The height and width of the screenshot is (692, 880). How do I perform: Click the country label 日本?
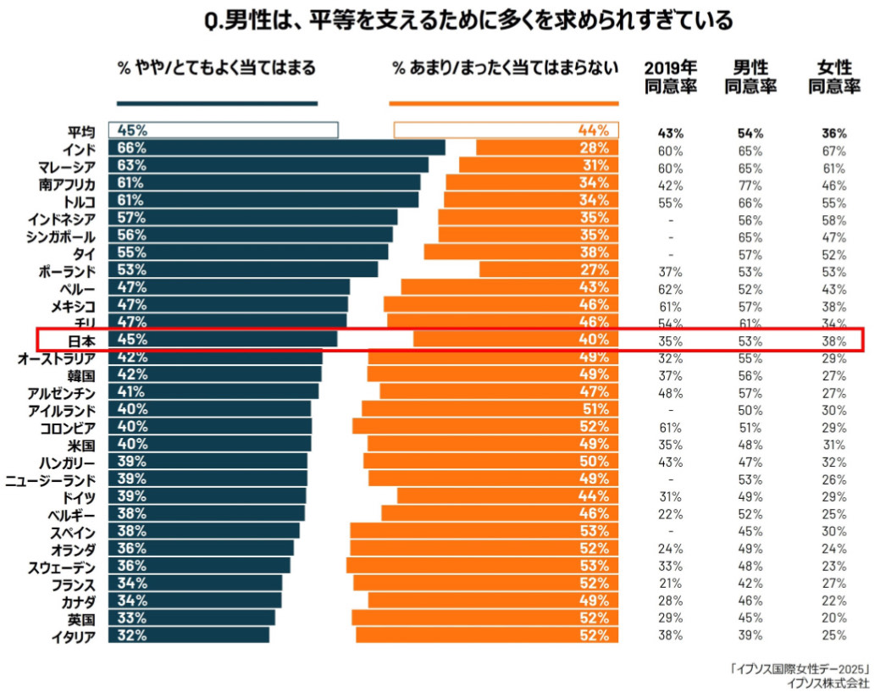pos(82,340)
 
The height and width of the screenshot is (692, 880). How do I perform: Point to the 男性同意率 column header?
pos(750,77)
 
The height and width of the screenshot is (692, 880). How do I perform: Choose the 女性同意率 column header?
pos(833,77)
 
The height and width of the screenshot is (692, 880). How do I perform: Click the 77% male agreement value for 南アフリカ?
pos(750,184)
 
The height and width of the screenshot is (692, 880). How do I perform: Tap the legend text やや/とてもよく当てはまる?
pos(216,68)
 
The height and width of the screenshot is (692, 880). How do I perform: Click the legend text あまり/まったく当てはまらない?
pos(505,68)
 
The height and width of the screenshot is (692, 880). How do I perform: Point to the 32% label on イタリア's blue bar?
pos(132,635)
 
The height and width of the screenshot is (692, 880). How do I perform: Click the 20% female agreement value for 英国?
pos(833,618)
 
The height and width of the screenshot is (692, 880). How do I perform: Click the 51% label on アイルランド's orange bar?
pos(594,409)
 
